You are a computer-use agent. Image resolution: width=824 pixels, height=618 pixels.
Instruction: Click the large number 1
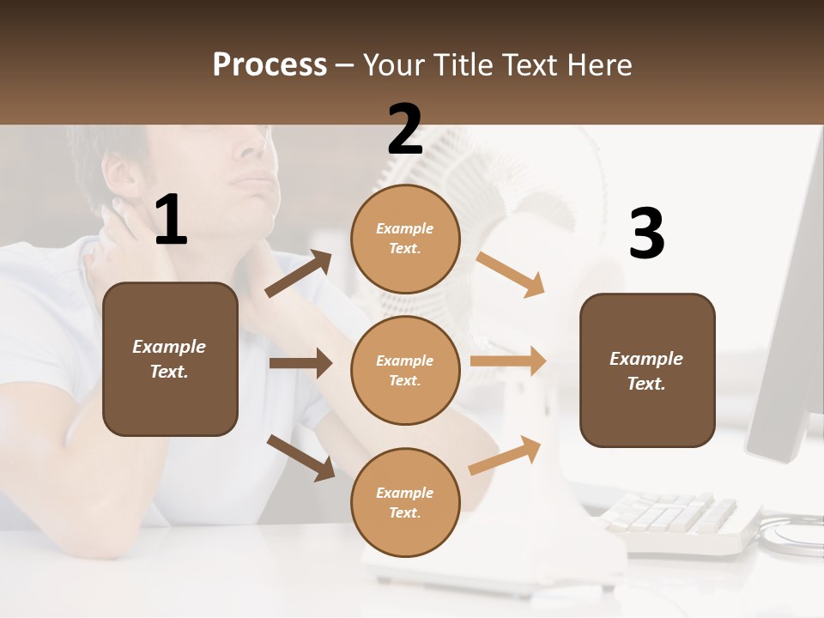coord(171,221)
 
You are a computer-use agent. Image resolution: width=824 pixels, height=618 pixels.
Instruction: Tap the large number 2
coord(405,130)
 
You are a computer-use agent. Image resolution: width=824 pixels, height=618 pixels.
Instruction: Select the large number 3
coord(646,233)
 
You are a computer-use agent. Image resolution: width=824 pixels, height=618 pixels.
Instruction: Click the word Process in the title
coord(270,64)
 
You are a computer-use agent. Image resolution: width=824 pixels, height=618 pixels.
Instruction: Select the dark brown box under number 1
coord(170,359)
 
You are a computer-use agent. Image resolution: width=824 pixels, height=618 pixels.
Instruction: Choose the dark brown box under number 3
coord(647,371)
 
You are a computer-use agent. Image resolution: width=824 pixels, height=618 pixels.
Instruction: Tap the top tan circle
coord(405,239)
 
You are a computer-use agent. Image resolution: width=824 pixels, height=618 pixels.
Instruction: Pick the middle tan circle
coord(405,371)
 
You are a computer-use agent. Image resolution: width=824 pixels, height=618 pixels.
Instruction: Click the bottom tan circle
coord(405,503)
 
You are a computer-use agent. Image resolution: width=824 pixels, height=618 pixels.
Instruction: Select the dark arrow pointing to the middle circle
coord(300,363)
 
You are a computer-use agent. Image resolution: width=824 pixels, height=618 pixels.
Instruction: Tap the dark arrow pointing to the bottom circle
coord(301,457)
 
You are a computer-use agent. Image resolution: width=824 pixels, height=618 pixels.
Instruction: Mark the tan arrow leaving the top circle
coord(511,274)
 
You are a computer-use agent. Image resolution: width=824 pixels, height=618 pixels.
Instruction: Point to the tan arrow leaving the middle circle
coord(508,361)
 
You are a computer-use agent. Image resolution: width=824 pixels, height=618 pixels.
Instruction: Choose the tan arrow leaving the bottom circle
coord(505,455)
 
